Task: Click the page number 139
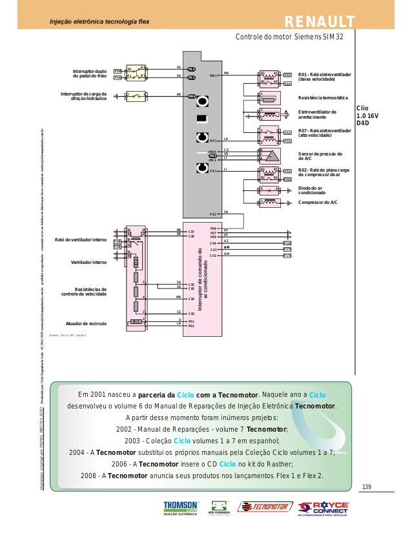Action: click(367, 486)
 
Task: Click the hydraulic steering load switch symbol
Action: click(136, 96)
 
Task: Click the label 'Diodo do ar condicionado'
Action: click(312, 190)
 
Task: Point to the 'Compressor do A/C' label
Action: click(318, 202)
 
